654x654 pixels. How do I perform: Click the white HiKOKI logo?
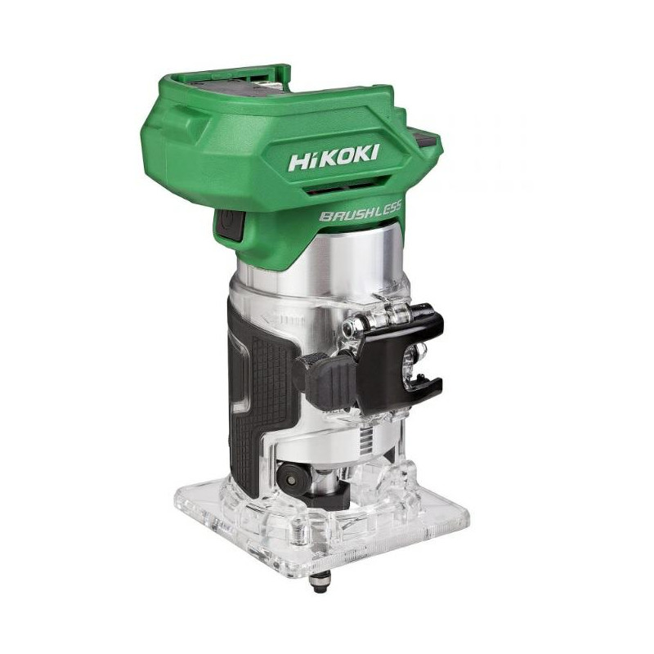pyautogui.click(x=334, y=158)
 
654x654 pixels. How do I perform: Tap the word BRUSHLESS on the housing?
pyautogui.click(x=361, y=211)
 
